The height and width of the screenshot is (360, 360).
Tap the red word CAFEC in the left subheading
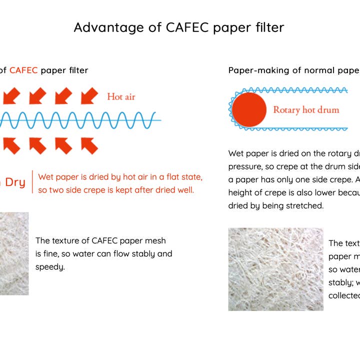click(x=23, y=70)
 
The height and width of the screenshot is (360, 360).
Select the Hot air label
click(x=121, y=96)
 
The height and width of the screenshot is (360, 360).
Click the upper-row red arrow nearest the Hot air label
click(x=89, y=95)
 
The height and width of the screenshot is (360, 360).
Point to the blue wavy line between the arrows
click(x=80, y=120)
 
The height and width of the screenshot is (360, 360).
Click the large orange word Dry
click(x=15, y=182)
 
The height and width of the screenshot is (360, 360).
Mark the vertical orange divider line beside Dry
click(x=32, y=182)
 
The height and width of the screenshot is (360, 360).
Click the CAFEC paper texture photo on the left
click(x=14, y=253)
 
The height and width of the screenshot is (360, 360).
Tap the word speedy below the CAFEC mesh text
click(x=50, y=267)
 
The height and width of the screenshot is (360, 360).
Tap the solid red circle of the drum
click(x=249, y=109)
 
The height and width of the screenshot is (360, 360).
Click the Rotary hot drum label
click(x=306, y=109)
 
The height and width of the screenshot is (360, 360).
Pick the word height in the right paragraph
click(x=241, y=192)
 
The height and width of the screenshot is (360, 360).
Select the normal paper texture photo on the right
click(x=275, y=269)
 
